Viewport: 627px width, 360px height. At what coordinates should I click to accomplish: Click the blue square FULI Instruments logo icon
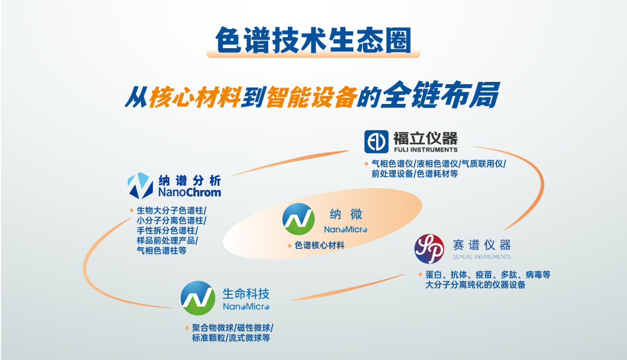[376, 142]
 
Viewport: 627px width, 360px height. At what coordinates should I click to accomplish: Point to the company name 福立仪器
[425, 138]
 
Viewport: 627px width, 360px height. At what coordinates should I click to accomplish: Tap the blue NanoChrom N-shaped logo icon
[140, 185]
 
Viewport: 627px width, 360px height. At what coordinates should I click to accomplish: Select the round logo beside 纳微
[298, 219]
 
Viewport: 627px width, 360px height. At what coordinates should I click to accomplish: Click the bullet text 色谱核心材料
[319, 246]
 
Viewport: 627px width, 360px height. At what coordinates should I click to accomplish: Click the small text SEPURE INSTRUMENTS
[481, 257]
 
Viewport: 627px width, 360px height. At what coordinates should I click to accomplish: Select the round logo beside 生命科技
[197, 298]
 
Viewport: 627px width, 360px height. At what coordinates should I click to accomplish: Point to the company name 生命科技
[246, 293]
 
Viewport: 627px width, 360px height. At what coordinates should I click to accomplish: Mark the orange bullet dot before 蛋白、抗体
[419, 275]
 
